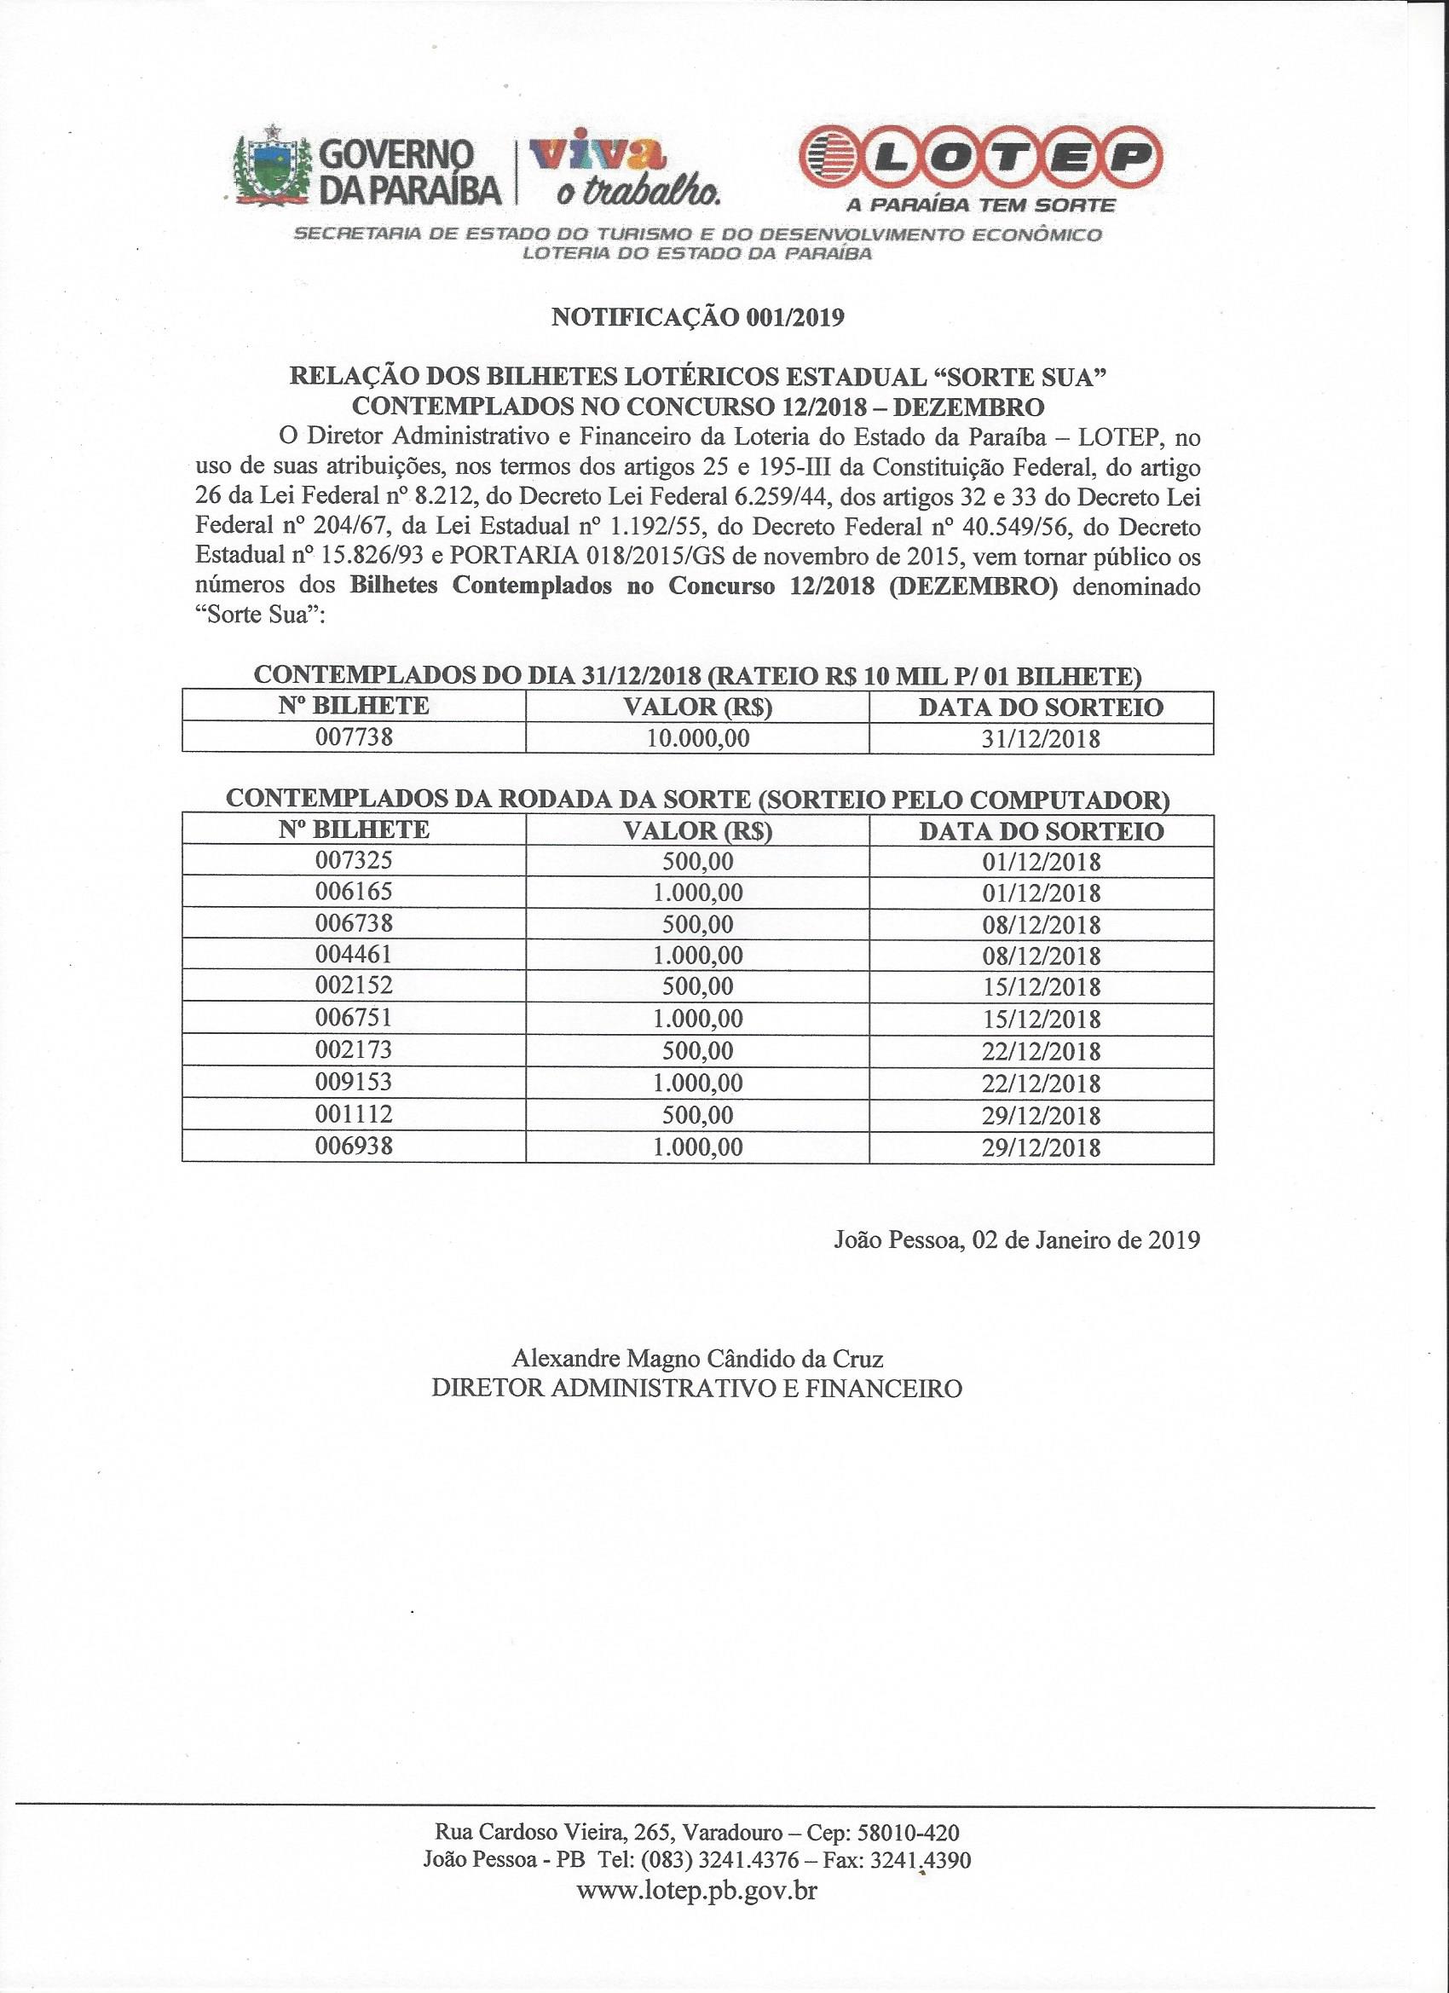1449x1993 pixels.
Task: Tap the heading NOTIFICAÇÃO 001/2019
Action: (697, 318)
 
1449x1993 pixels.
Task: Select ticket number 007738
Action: (353, 738)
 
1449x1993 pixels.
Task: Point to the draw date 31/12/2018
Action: (1042, 739)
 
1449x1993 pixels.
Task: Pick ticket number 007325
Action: (353, 860)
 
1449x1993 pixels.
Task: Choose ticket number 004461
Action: (353, 956)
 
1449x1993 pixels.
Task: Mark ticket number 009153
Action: (353, 1082)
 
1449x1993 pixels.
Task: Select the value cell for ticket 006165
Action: (698, 893)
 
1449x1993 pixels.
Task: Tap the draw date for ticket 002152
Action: (1042, 987)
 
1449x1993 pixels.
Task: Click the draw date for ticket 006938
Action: (1042, 1147)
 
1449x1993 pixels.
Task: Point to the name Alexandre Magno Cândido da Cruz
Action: (697, 1359)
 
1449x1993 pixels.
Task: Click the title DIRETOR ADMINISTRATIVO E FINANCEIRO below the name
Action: (697, 1389)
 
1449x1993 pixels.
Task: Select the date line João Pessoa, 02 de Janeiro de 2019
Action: (1016, 1240)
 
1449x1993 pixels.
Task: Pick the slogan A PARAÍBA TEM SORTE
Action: (979, 205)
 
